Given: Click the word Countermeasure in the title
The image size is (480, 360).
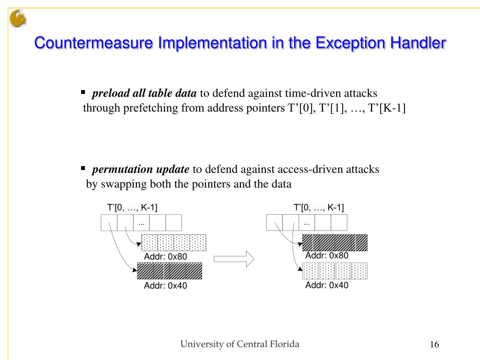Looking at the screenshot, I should tap(94, 44).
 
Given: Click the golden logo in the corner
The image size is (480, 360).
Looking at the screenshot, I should tap(18, 19).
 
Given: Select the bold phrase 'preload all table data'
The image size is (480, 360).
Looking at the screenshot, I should tap(144, 93).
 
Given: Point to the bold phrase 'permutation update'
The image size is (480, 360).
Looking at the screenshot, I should tap(141, 169).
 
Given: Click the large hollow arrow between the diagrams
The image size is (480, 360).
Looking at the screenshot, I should tap(233, 258).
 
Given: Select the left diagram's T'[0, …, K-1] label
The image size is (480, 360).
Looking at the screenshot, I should tap(132, 208).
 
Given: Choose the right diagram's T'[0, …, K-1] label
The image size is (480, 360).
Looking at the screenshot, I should tap(319, 208).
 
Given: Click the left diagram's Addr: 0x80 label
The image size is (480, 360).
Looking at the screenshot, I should tap(165, 257).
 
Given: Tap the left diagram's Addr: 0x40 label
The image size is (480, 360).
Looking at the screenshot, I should tap(165, 286).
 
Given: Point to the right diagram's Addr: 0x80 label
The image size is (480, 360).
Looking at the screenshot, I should tap(327, 256).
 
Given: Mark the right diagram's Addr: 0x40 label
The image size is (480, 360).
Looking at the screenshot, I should tap(327, 285).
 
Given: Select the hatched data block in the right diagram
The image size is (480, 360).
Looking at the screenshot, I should tap(335, 242).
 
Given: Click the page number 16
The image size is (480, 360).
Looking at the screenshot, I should tap(434, 345).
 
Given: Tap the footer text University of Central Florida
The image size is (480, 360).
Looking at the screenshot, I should tap(240, 345).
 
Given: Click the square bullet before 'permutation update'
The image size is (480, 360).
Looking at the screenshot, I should tap(83, 168).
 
